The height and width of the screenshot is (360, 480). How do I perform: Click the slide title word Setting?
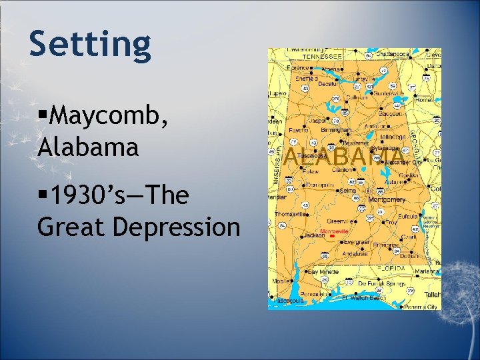pos(90,44)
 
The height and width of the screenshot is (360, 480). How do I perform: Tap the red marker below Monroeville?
pos(333,237)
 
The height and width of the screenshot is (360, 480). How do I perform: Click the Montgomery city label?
pos(387,199)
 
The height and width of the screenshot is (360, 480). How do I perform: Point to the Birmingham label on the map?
pos(337,131)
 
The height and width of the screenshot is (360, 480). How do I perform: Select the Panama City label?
pos(421,307)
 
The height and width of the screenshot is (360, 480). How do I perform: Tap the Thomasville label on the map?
pos(288,214)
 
